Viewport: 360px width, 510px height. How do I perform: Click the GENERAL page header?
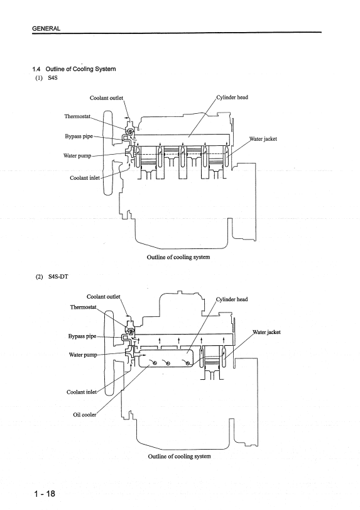point(46,29)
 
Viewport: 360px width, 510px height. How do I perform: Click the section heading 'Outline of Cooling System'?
point(80,69)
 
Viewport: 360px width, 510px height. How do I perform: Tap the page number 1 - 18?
point(45,494)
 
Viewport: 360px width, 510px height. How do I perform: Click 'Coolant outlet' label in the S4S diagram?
point(107,98)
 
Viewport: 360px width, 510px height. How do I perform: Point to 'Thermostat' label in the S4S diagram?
point(77,116)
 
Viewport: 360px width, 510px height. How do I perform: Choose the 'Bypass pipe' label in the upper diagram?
point(79,136)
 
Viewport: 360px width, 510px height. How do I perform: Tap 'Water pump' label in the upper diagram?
point(77,156)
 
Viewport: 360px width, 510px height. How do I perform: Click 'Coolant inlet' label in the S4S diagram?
point(85,178)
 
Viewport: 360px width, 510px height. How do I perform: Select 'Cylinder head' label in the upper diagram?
point(232,97)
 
